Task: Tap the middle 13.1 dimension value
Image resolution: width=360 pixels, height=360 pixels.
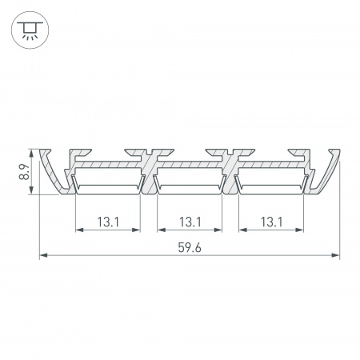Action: [x=189, y=222]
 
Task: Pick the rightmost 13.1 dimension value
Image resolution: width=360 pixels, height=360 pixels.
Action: [x=270, y=222]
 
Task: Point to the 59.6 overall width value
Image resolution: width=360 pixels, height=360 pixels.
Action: [x=189, y=248]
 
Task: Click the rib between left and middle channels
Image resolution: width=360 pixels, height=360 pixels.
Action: [x=148, y=172]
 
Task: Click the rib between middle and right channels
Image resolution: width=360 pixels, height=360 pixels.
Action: [x=230, y=172]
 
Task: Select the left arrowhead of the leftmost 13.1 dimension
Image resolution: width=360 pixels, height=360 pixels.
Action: [x=78, y=230]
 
